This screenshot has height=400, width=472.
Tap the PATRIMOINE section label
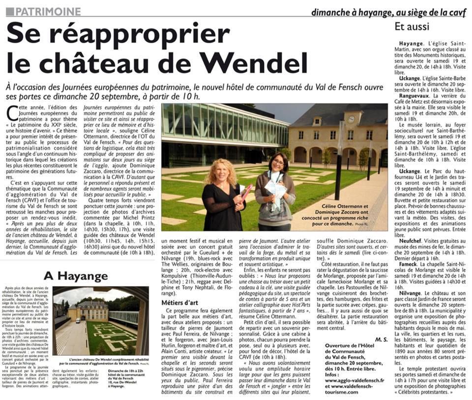point(48,11)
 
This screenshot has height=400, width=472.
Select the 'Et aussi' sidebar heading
point(412,26)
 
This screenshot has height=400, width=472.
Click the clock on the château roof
point(353,119)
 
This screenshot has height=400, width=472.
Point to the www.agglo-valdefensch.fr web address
point(353,380)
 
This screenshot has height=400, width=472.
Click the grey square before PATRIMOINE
point(10,11)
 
